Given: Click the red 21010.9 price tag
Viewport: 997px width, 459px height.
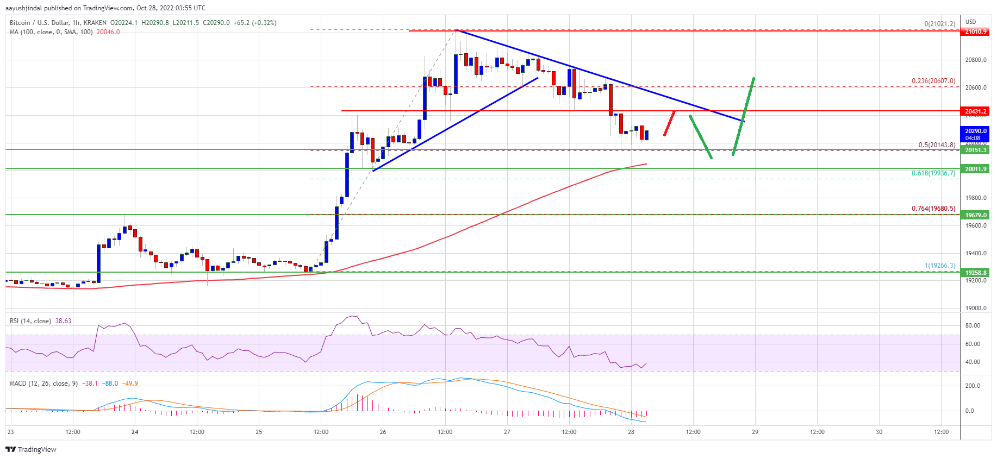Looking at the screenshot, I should (976, 32).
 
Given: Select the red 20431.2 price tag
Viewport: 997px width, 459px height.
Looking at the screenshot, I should (976, 111).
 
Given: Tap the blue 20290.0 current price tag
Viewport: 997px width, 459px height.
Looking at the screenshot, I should (976, 134).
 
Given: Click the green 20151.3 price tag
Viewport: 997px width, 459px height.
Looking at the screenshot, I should (976, 150).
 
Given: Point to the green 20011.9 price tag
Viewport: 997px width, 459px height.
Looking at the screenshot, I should (976, 169).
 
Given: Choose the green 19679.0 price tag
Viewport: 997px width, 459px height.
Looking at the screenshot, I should (976, 215).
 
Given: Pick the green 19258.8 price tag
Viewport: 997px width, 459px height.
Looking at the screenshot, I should (976, 273).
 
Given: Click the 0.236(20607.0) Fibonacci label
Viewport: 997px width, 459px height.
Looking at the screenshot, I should (933, 81).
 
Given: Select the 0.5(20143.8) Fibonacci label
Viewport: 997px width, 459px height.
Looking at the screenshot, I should (937, 145).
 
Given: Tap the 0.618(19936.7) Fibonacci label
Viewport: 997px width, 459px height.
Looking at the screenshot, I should (933, 173).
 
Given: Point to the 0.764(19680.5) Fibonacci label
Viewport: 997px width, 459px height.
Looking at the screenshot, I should (933, 209).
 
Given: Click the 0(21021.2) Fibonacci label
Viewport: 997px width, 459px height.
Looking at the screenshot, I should (940, 24).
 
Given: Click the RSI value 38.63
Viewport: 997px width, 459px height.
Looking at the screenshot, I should (63, 321).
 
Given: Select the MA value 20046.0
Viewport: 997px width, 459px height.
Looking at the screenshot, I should (108, 32).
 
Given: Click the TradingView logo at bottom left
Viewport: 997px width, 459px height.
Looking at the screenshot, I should (31, 449).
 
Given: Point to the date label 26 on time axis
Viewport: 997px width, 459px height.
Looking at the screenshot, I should (383, 432).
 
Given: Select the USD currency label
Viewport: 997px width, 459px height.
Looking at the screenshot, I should (971, 22).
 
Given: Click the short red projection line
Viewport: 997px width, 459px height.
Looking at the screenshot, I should (669, 123).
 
